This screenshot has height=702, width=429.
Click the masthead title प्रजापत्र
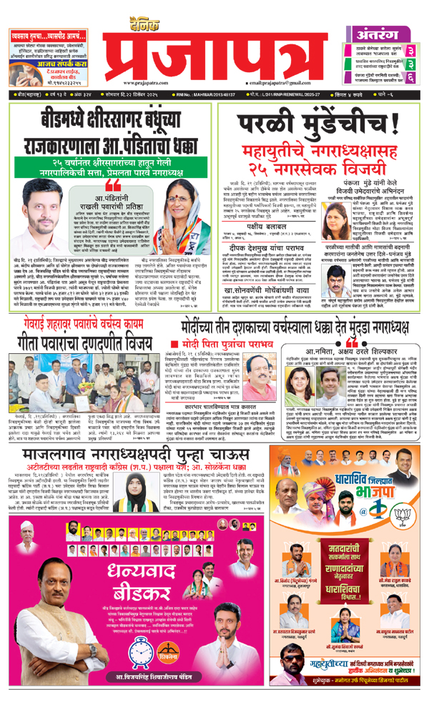[214, 54]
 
